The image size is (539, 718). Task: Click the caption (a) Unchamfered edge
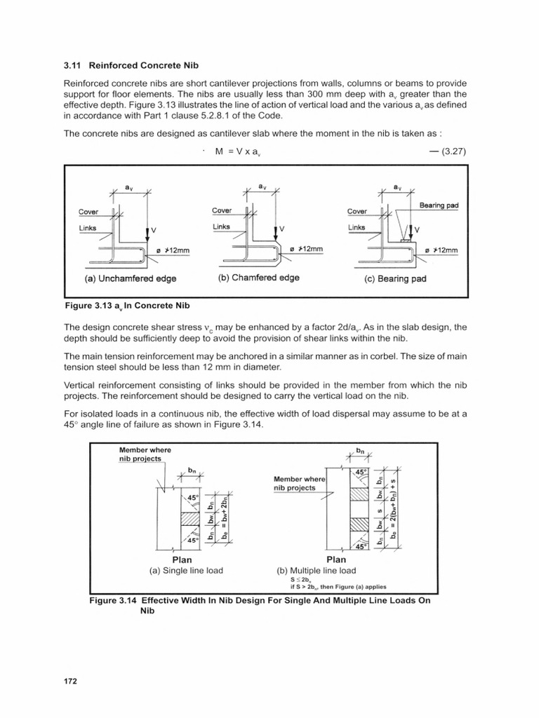pyautogui.click(x=131, y=278)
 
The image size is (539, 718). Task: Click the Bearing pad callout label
pyautogui.click(x=439, y=205)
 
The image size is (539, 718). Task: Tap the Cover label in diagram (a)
pyautogui.click(x=88, y=212)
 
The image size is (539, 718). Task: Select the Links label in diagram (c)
pyautogui.click(x=357, y=227)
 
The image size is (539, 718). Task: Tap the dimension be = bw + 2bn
pyautogui.click(x=225, y=520)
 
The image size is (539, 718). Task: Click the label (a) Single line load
pyautogui.click(x=187, y=571)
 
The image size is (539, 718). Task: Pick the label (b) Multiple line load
pyautogui.click(x=317, y=571)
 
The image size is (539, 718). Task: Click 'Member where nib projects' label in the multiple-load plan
pyautogui.click(x=295, y=483)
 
